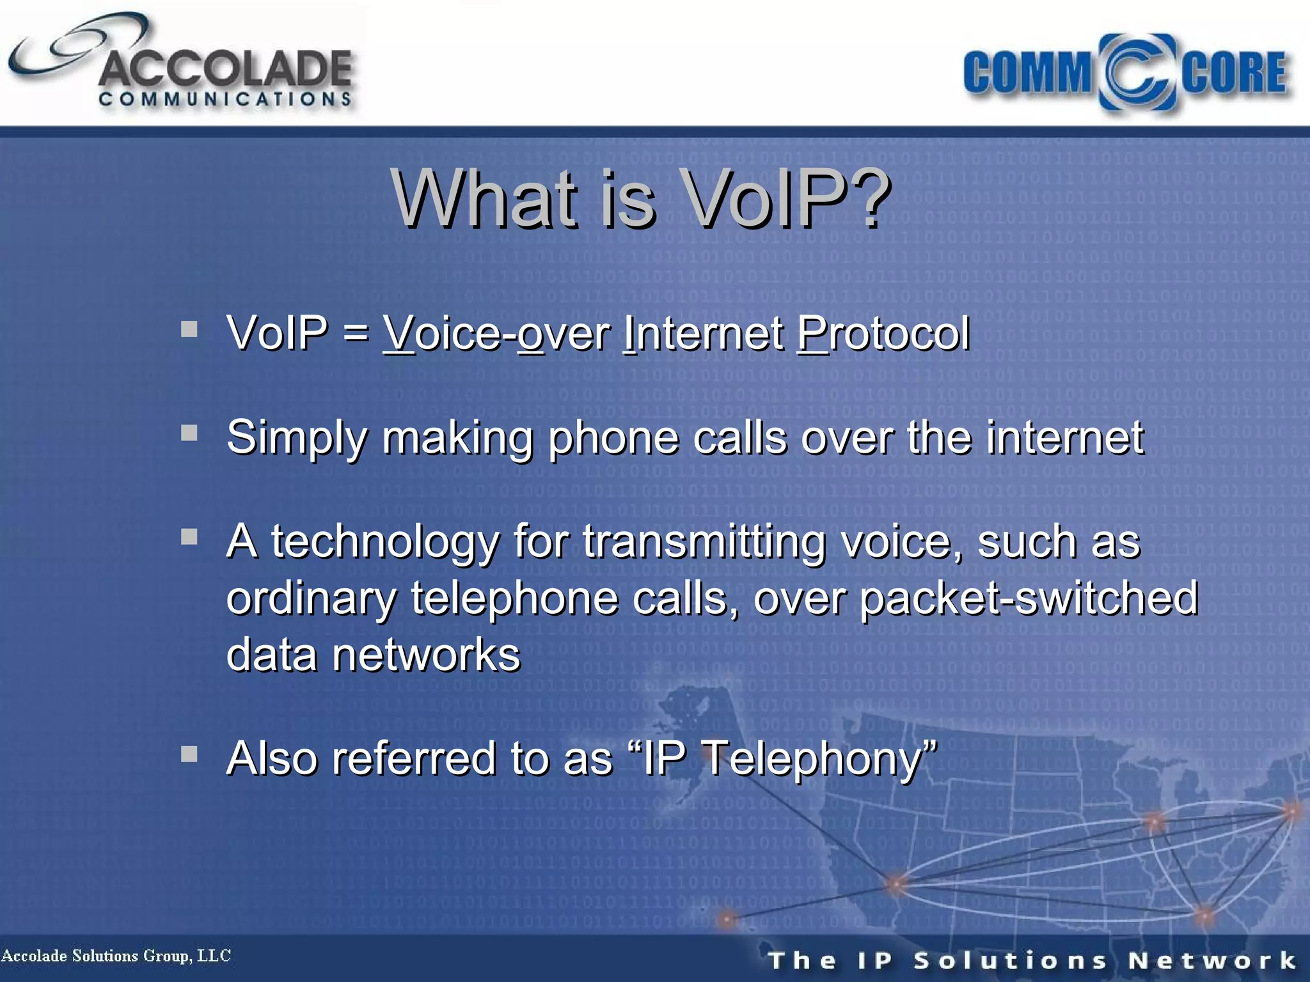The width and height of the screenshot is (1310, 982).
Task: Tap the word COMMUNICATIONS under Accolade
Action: (x=225, y=99)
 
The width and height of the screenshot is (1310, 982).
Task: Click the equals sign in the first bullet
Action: (x=356, y=333)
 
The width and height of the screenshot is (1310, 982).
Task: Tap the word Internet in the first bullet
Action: (x=704, y=333)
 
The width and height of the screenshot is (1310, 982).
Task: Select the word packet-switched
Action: (x=1028, y=598)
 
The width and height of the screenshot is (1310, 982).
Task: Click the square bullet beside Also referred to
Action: (x=189, y=754)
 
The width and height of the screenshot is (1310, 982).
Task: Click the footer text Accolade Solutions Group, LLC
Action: (x=116, y=956)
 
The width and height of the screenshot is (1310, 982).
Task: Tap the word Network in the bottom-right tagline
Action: (x=1211, y=960)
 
